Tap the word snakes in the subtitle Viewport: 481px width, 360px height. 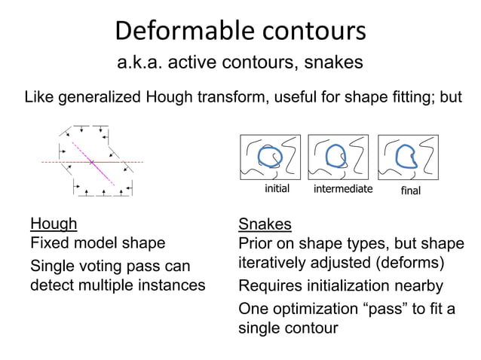click(333, 63)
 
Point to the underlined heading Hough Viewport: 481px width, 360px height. click(53, 224)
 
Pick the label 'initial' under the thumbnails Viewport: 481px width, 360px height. click(277, 188)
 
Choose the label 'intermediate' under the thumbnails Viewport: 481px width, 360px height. click(343, 188)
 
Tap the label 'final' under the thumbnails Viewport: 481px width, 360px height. click(410, 191)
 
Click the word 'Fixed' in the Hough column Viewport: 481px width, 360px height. click(47, 243)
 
